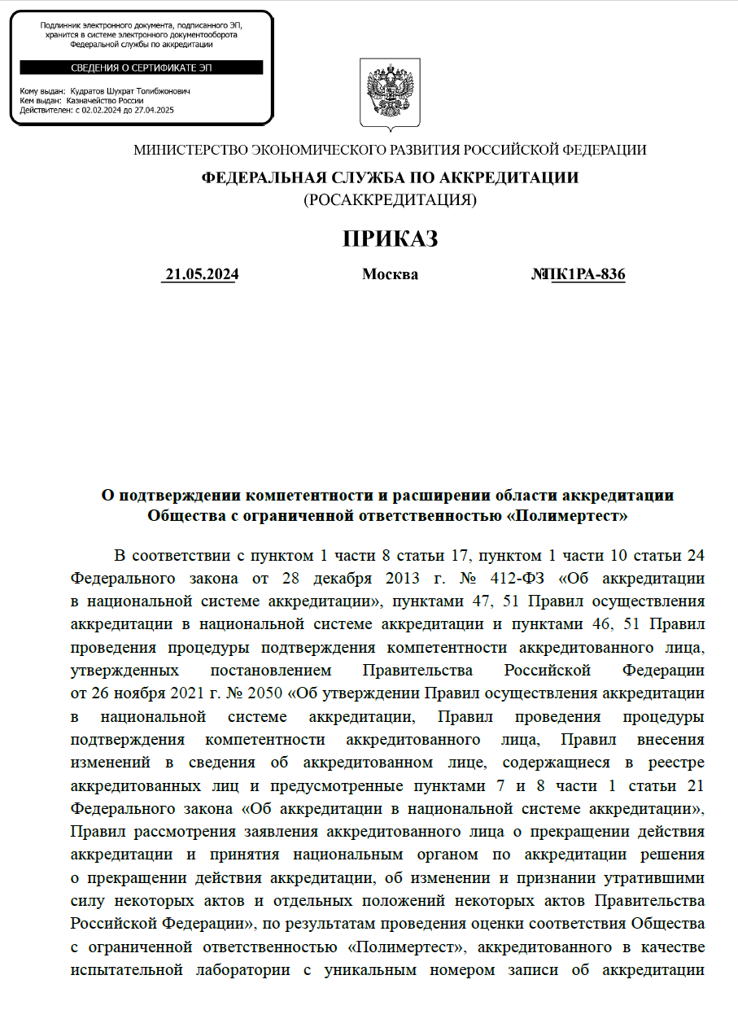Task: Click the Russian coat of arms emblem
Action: pyautogui.click(x=391, y=93)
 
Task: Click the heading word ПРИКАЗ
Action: pyautogui.click(x=390, y=238)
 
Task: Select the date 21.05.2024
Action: pyautogui.click(x=202, y=274)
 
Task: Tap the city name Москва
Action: pyautogui.click(x=390, y=274)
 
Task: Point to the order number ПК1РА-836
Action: pyautogui.click(x=587, y=274)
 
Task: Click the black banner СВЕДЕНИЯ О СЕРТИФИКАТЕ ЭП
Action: pyautogui.click(x=142, y=68)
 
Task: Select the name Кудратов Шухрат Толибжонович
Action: pyautogui.click(x=130, y=92)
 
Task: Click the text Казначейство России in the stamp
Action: pyautogui.click(x=105, y=101)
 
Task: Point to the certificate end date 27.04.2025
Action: pyautogui.click(x=155, y=109)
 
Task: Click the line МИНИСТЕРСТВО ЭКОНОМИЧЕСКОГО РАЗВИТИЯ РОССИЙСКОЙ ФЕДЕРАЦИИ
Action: pyautogui.click(x=390, y=150)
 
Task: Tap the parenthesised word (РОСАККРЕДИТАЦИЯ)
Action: pyautogui.click(x=390, y=199)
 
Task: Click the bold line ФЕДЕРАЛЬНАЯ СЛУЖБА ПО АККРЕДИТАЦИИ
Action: pyautogui.click(x=390, y=177)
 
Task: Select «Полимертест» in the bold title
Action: pyautogui.click(x=569, y=515)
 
